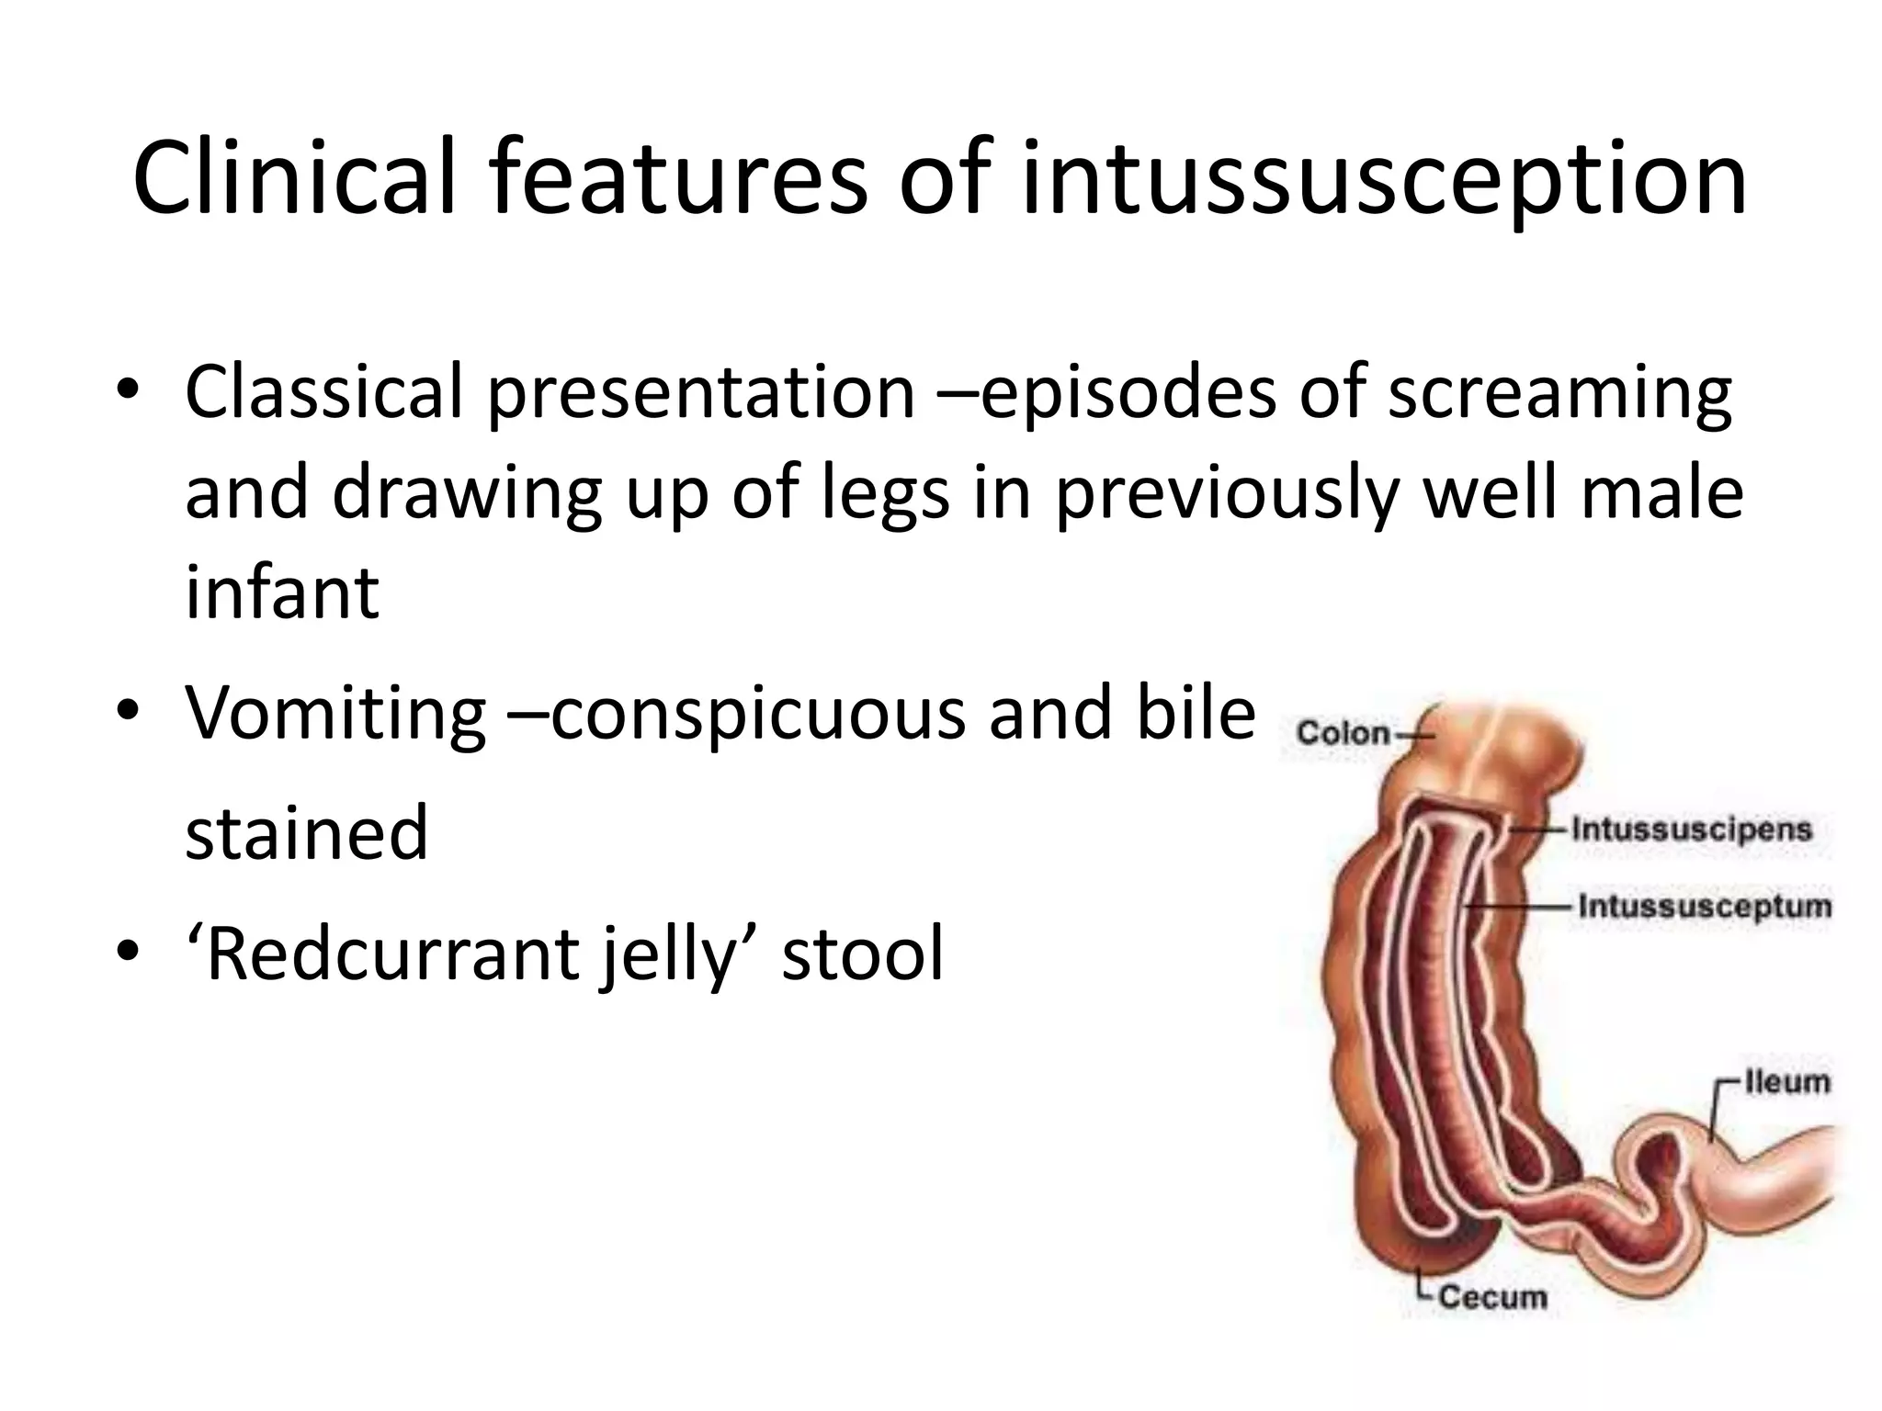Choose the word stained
[306, 832]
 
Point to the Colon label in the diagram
[1343, 733]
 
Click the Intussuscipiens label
[1691, 830]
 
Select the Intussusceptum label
[1704, 907]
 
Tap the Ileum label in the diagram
[1786, 1081]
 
